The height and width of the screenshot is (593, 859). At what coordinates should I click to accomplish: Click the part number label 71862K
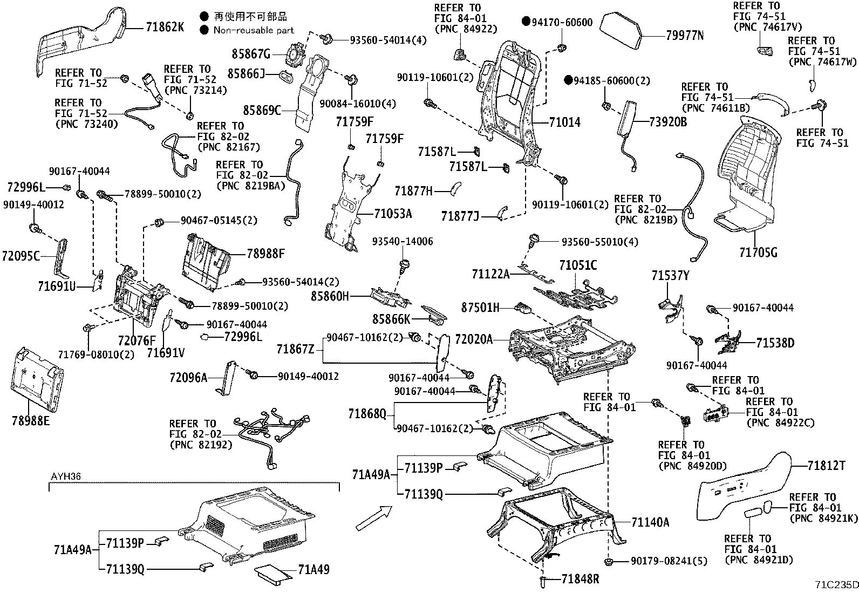pyautogui.click(x=165, y=26)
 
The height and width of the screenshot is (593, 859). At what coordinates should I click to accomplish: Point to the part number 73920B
pyautogui.click(x=668, y=122)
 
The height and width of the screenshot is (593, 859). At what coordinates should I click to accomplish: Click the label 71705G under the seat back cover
pyautogui.click(x=758, y=252)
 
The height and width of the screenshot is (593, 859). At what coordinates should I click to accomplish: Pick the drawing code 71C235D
pyautogui.click(x=836, y=585)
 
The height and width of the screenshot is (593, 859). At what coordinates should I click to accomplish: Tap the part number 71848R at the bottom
pyautogui.click(x=580, y=579)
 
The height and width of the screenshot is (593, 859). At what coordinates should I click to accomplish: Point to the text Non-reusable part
pyautogui.click(x=254, y=30)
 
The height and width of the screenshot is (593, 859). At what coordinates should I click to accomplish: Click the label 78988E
pyautogui.click(x=31, y=419)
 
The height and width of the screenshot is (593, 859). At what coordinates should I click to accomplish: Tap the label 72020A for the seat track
pyautogui.click(x=474, y=339)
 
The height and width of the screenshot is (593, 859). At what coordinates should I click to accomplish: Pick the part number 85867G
pyautogui.click(x=251, y=54)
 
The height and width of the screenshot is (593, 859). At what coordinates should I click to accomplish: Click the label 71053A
pyautogui.click(x=392, y=214)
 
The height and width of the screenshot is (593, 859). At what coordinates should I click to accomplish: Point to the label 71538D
pyautogui.click(x=775, y=343)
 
